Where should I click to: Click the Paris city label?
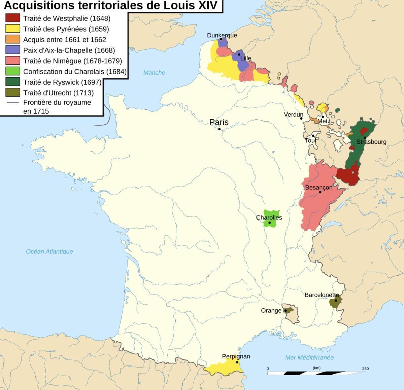point(219,122)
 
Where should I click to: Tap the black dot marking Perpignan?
point(237,362)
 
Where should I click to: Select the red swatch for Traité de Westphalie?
point(13,18)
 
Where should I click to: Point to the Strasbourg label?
point(371,142)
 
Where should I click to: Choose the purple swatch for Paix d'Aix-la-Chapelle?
point(13,50)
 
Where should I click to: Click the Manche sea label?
point(154,73)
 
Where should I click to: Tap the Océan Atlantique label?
point(49,251)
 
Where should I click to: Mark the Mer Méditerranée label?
point(309,357)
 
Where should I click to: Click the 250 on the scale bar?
point(365,368)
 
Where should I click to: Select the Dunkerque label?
point(222,35)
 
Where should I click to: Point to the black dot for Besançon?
point(320,192)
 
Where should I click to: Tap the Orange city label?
point(271,311)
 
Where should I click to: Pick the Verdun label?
point(294,115)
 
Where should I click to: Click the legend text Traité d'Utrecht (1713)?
point(58,93)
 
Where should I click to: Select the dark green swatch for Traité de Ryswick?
point(13,82)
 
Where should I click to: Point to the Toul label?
point(310,140)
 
